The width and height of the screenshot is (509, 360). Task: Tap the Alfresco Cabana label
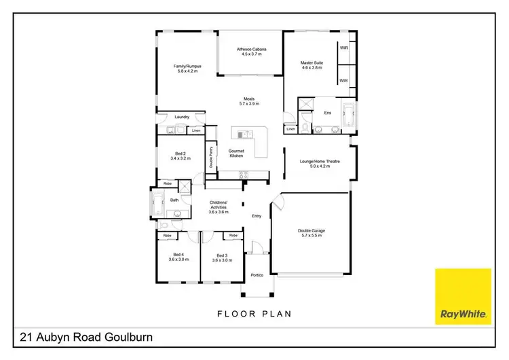(x=250, y=52)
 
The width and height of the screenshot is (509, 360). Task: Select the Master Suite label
(x=312, y=65)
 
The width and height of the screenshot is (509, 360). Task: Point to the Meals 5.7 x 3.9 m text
(x=249, y=101)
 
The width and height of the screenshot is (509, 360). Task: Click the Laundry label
(x=181, y=117)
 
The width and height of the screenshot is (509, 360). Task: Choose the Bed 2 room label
(x=181, y=156)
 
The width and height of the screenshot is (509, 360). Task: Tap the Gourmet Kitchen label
(x=236, y=154)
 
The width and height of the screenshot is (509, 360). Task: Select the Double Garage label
(x=312, y=233)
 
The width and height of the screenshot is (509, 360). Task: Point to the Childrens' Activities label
(x=219, y=206)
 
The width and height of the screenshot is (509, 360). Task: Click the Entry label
(x=257, y=217)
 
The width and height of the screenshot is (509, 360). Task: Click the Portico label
(x=257, y=275)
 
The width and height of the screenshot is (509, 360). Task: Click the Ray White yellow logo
(x=463, y=296)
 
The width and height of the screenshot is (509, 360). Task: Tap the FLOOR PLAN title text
(x=254, y=314)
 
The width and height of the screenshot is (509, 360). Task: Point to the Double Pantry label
(x=211, y=157)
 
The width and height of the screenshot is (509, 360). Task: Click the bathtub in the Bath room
(x=158, y=202)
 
